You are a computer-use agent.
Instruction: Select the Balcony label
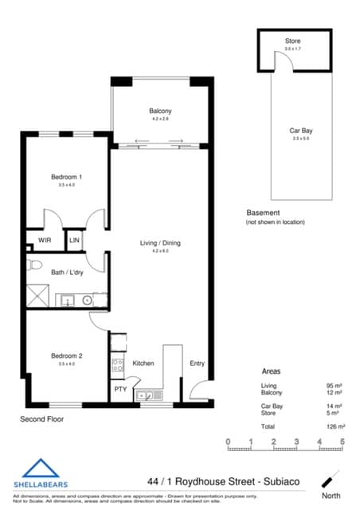[161, 111]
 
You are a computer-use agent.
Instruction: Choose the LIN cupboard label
[74, 239]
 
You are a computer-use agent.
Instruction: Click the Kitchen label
[143, 363]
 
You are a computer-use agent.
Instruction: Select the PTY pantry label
[119, 390]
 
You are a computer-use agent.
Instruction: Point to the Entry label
[197, 363]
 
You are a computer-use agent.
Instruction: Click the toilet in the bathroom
[34, 264]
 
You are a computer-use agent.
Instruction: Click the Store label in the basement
[293, 40]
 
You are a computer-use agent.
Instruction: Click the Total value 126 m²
[334, 426]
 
